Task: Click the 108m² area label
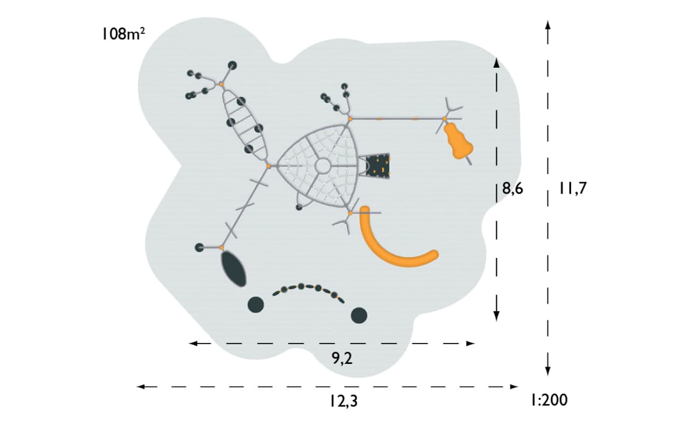(124, 33)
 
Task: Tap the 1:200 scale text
(550, 400)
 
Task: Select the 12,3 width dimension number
(344, 402)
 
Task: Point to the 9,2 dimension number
(342, 358)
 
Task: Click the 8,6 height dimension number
(512, 188)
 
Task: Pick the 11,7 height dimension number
(573, 188)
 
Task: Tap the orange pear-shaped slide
(458, 140)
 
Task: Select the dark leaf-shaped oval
(234, 269)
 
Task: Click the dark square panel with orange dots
(378, 164)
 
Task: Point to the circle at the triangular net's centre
(322, 166)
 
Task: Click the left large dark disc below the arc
(256, 305)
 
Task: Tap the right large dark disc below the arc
(359, 316)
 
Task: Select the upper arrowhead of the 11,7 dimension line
(547, 25)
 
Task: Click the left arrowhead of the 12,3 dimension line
(140, 386)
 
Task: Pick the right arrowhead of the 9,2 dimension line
(470, 343)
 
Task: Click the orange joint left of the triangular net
(268, 166)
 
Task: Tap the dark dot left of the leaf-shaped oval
(199, 247)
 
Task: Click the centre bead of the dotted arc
(301, 286)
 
